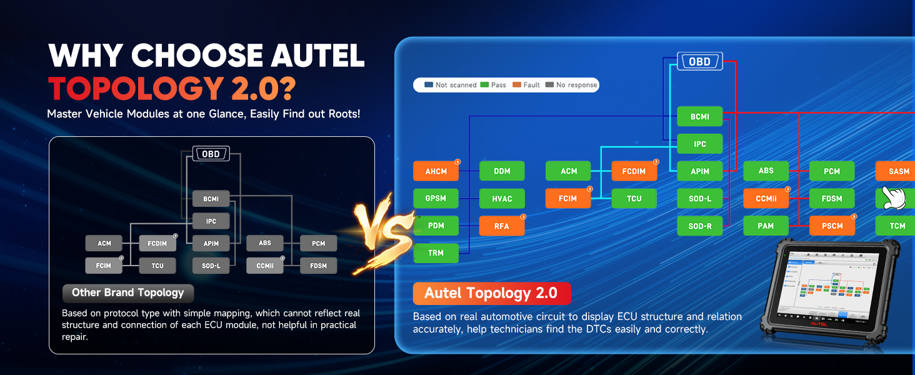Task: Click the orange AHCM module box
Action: pos(436,171)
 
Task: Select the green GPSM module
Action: pos(436,199)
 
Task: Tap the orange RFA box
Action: pos(501,226)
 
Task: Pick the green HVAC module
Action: pos(501,199)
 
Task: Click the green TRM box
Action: pos(436,253)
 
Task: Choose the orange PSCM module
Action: pos(832,226)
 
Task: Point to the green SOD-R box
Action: pos(700,226)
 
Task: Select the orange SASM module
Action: pos(898,171)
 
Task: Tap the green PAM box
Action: pos(766,226)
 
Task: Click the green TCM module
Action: pos(897,226)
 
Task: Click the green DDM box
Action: pos(501,171)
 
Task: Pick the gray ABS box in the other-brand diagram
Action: pos(265,243)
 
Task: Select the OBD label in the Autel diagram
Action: pos(699,62)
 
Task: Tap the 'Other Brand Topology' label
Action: pos(128,292)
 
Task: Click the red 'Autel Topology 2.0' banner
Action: pos(491,293)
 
